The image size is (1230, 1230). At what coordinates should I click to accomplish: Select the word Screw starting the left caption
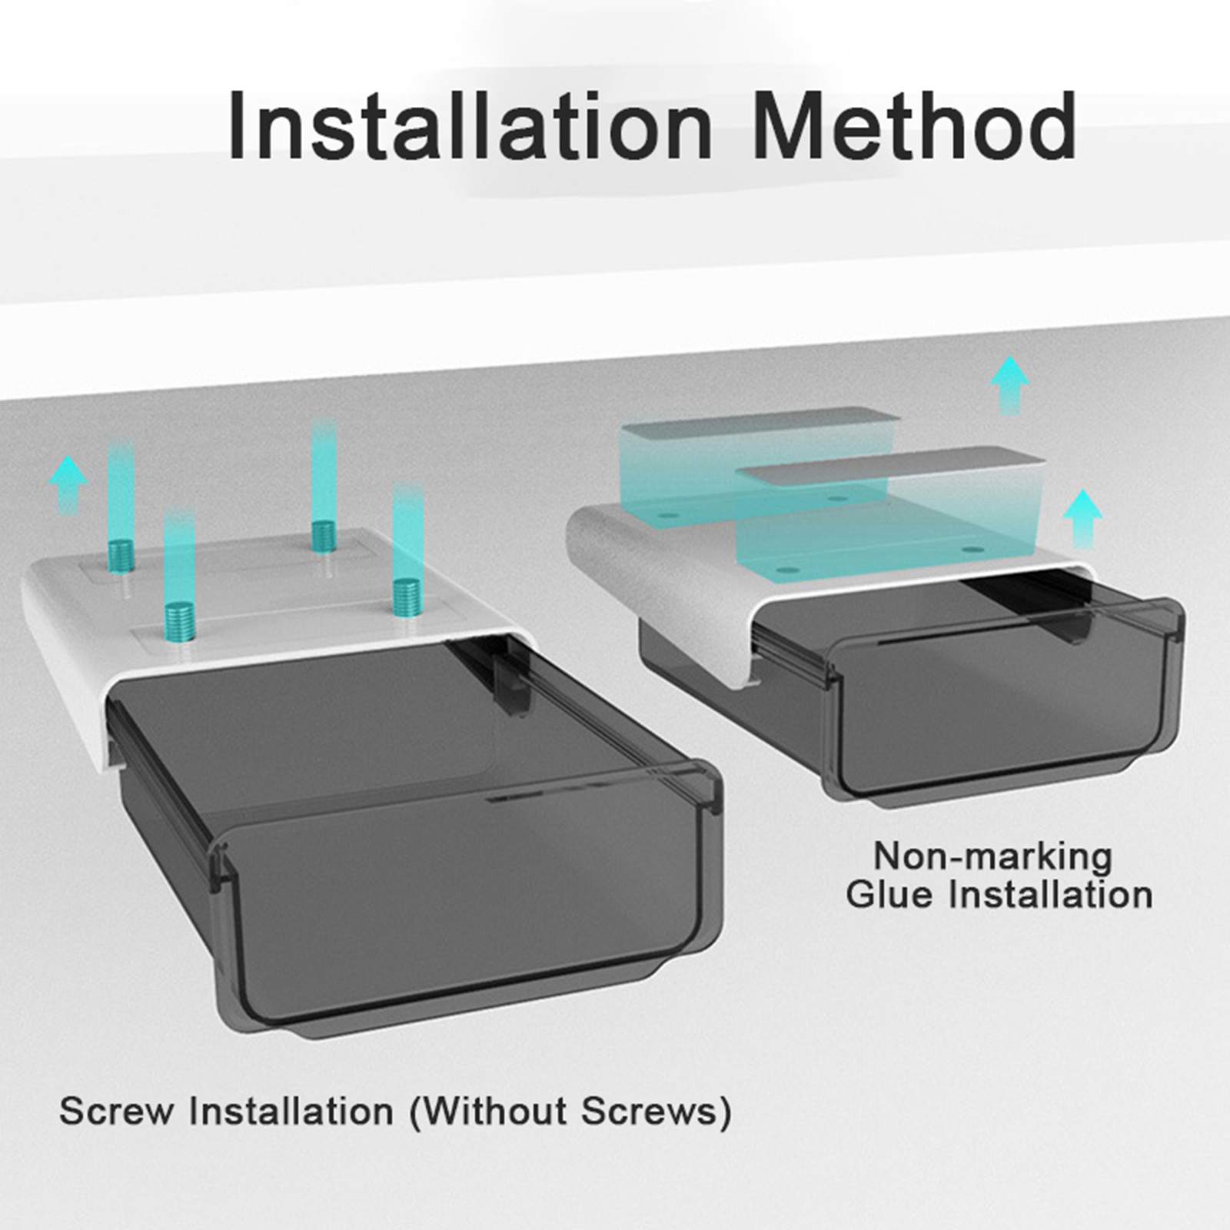(115, 1112)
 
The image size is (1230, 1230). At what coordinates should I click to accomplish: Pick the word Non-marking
(993, 856)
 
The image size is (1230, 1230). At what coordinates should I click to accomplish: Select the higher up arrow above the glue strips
(1009, 384)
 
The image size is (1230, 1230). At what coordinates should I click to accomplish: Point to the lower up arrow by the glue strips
(1083, 518)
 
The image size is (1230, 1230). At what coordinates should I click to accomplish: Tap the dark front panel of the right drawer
(1004, 711)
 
